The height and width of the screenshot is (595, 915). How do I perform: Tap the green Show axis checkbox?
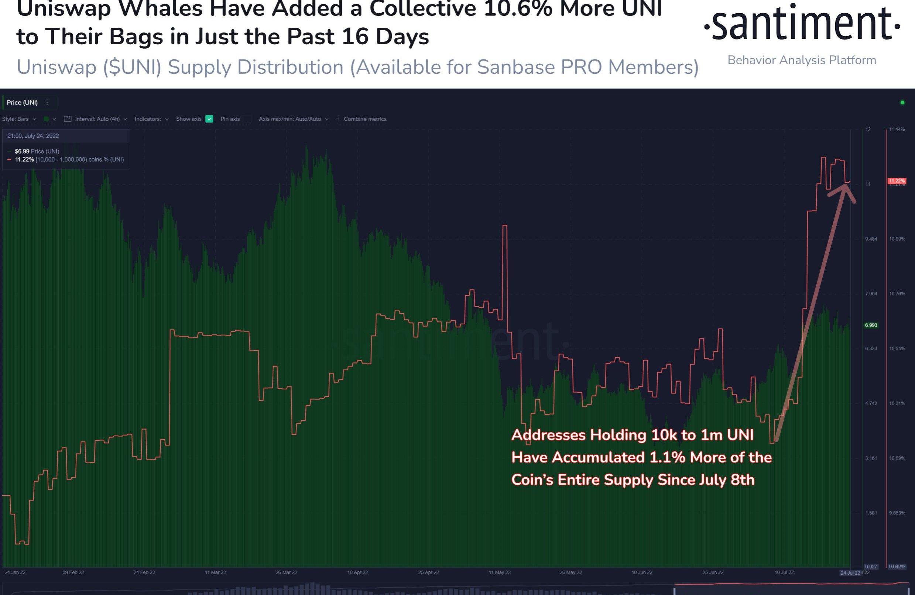[x=209, y=119]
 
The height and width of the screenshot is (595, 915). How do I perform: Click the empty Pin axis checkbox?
[x=248, y=119]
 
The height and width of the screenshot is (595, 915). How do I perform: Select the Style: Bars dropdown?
[x=19, y=119]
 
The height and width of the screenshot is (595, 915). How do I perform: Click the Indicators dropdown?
[x=151, y=119]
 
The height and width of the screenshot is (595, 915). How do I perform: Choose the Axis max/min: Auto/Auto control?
[x=293, y=119]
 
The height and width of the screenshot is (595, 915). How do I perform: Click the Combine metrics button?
[x=361, y=119]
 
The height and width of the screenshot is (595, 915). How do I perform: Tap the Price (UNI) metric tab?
[x=22, y=103]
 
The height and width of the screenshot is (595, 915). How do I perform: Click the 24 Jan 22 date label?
[x=15, y=572]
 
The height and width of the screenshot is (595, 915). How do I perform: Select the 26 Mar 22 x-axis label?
[x=287, y=572]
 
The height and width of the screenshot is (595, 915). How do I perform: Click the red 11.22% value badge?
[x=896, y=180]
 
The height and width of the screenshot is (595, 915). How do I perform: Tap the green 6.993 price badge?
[x=871, y=325]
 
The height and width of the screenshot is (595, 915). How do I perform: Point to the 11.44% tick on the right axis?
[x=897, y=129]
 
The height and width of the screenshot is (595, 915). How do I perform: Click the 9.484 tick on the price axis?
[x=871, y=239]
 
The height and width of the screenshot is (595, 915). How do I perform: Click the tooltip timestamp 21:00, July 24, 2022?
[x=33, y=136]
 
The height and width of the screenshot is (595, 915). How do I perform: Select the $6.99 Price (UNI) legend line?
[x=37, y=151]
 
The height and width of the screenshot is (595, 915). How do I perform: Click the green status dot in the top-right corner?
[x=902, y=103]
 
